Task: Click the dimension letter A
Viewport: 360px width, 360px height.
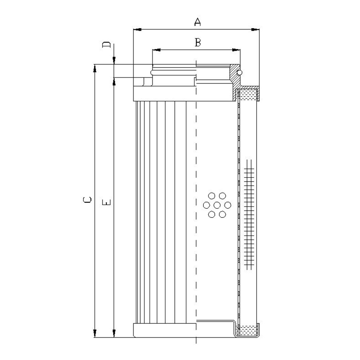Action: [x=197, y=22]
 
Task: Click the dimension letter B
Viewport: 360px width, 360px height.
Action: [x=198, y=42]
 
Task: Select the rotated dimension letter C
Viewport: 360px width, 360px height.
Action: [x=87, y=200]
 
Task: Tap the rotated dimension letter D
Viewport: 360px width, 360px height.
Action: [x=106, y=45]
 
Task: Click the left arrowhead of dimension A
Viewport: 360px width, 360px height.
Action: [x=137, y=30]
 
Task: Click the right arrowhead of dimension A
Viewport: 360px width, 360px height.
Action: [x=255, y=30]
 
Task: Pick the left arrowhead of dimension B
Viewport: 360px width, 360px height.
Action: [x=156, y=50]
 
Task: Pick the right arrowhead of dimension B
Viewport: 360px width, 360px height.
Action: [x=236, y=50]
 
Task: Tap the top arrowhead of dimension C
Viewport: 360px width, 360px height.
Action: [x=95, y=68]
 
